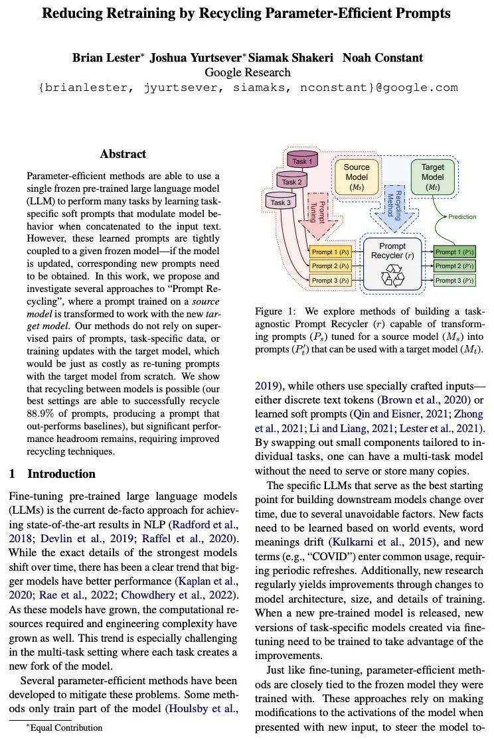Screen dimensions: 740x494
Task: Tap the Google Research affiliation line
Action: click(x=247, y=72)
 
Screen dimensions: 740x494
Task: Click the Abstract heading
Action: click(x=123, y=154)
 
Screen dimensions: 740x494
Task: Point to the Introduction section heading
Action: click(x=61, y=474)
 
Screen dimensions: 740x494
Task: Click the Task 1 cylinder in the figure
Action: click(x=303, y=161)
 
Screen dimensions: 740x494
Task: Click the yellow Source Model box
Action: click(x=357, y=177)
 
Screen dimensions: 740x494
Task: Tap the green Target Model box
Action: click(x=432, y=177)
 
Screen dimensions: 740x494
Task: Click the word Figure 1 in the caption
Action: click(x=276, y=311)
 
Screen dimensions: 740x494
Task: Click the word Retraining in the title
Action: click(x=138, y=13)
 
